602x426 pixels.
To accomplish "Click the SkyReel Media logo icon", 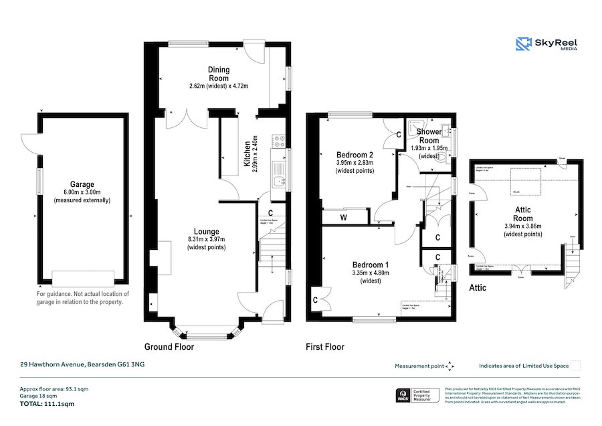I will [x=524, y=44].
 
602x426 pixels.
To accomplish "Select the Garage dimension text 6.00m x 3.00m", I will [x=82, y=192].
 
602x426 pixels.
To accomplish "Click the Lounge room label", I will [x=206, y=232].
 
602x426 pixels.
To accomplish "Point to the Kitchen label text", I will [x=247, y=155].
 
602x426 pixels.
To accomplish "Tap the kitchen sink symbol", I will [x=279, y=180].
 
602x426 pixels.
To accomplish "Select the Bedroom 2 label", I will [x=354, y=154].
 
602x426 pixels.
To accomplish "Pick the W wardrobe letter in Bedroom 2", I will [x=343, y=217].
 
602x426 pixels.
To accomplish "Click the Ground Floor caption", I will [x=169, y=347].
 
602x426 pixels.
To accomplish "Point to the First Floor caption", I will [x=324, y=347].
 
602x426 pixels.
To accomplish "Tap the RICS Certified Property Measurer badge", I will [x=419, y=395].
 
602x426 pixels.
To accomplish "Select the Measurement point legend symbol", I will [x=449, y=366].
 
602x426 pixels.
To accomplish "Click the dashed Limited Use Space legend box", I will [x=575, y=366].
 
